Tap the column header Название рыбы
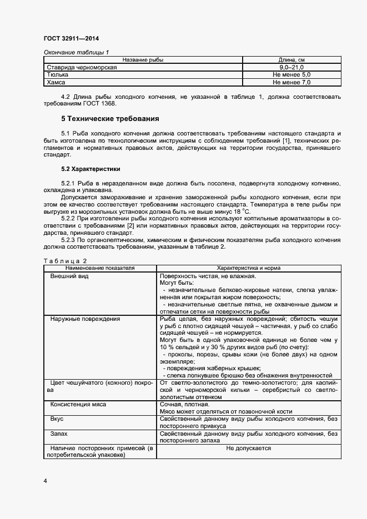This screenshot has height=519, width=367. point(143,59)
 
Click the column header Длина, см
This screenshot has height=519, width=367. point(291,59)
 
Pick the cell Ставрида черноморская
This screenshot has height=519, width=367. point(82,67)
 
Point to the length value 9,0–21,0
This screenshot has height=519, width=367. point(291,67)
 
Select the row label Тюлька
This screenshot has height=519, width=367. point(58,74)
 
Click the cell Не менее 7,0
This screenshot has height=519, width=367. point(291,82)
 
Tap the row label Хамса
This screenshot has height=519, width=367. point(57,82)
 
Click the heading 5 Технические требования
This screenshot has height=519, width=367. point(110,119)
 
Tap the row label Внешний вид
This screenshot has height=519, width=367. point(69,275)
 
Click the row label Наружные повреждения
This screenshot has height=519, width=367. point(85,319)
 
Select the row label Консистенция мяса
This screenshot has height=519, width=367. point(78,405)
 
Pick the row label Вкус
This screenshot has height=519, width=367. point(57,419)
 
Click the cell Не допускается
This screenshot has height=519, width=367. point(249,448)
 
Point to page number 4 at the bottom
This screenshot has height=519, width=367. point(45,481)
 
